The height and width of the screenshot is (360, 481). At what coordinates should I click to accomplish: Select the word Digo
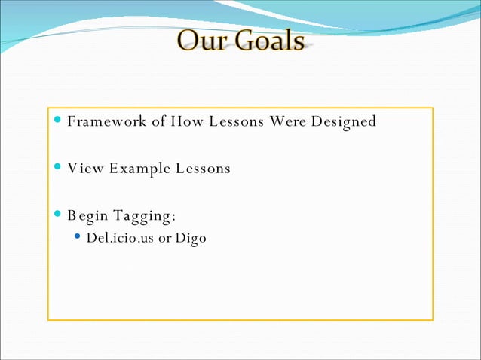(x=191, y=239)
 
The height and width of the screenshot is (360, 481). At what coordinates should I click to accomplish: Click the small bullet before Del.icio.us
(x=78, y=239)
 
